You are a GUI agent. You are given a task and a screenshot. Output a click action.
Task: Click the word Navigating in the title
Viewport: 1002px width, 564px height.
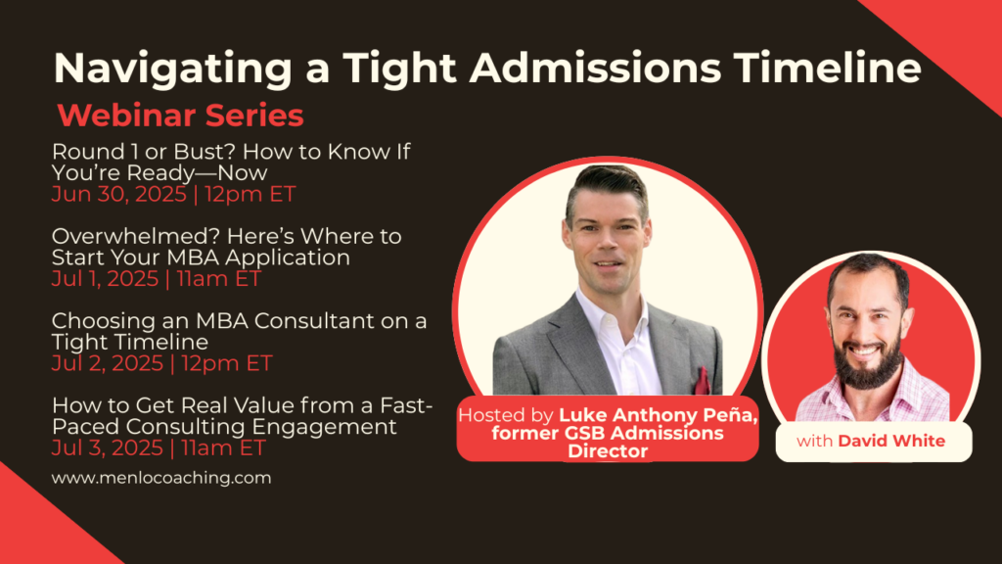pyautogui.click(x=172, y=69)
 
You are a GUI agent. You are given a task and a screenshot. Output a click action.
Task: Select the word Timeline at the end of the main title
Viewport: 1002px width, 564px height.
pyautogui.click(x=827, y=67)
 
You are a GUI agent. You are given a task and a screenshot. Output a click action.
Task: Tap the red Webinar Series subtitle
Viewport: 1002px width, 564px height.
pyautogui.click(x=180, y=116)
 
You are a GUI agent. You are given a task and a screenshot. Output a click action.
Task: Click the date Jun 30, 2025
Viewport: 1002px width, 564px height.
pyautogui.click(x=118, y=195)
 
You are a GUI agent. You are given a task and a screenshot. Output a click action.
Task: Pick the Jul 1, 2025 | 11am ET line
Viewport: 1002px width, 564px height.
pyautogui.click(x=157, y=279)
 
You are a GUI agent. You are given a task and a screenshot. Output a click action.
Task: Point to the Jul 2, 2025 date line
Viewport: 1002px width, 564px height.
pyautogui.click(x=162, y=363)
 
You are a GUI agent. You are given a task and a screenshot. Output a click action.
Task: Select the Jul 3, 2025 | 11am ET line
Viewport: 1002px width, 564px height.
pyautogui.click(x=159, y=447)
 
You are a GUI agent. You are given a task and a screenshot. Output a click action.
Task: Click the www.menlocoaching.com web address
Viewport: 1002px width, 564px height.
pyautogui.click(x=161, y=478)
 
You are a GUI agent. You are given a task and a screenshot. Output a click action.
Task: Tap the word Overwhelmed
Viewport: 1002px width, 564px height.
pyautogui.click(x=137, y=237)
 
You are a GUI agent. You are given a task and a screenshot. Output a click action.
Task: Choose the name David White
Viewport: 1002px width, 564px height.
pyautogui.click(x=891, y=442)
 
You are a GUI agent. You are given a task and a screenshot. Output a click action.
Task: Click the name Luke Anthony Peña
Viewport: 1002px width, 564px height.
pyautogui.click(x=659, y=415)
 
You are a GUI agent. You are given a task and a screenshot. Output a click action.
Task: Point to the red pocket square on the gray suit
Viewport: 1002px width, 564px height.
pyautogui.click(x=702, y=381)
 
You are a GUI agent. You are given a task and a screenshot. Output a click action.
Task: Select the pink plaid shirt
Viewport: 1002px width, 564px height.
pyautogui.click(x=873, y=397)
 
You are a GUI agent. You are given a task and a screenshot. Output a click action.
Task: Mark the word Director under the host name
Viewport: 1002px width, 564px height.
pyautogui.click(x=608, y=451)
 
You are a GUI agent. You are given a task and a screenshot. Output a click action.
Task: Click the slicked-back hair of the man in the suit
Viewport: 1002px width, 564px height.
pyautogui.click(x=607, y=183)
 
